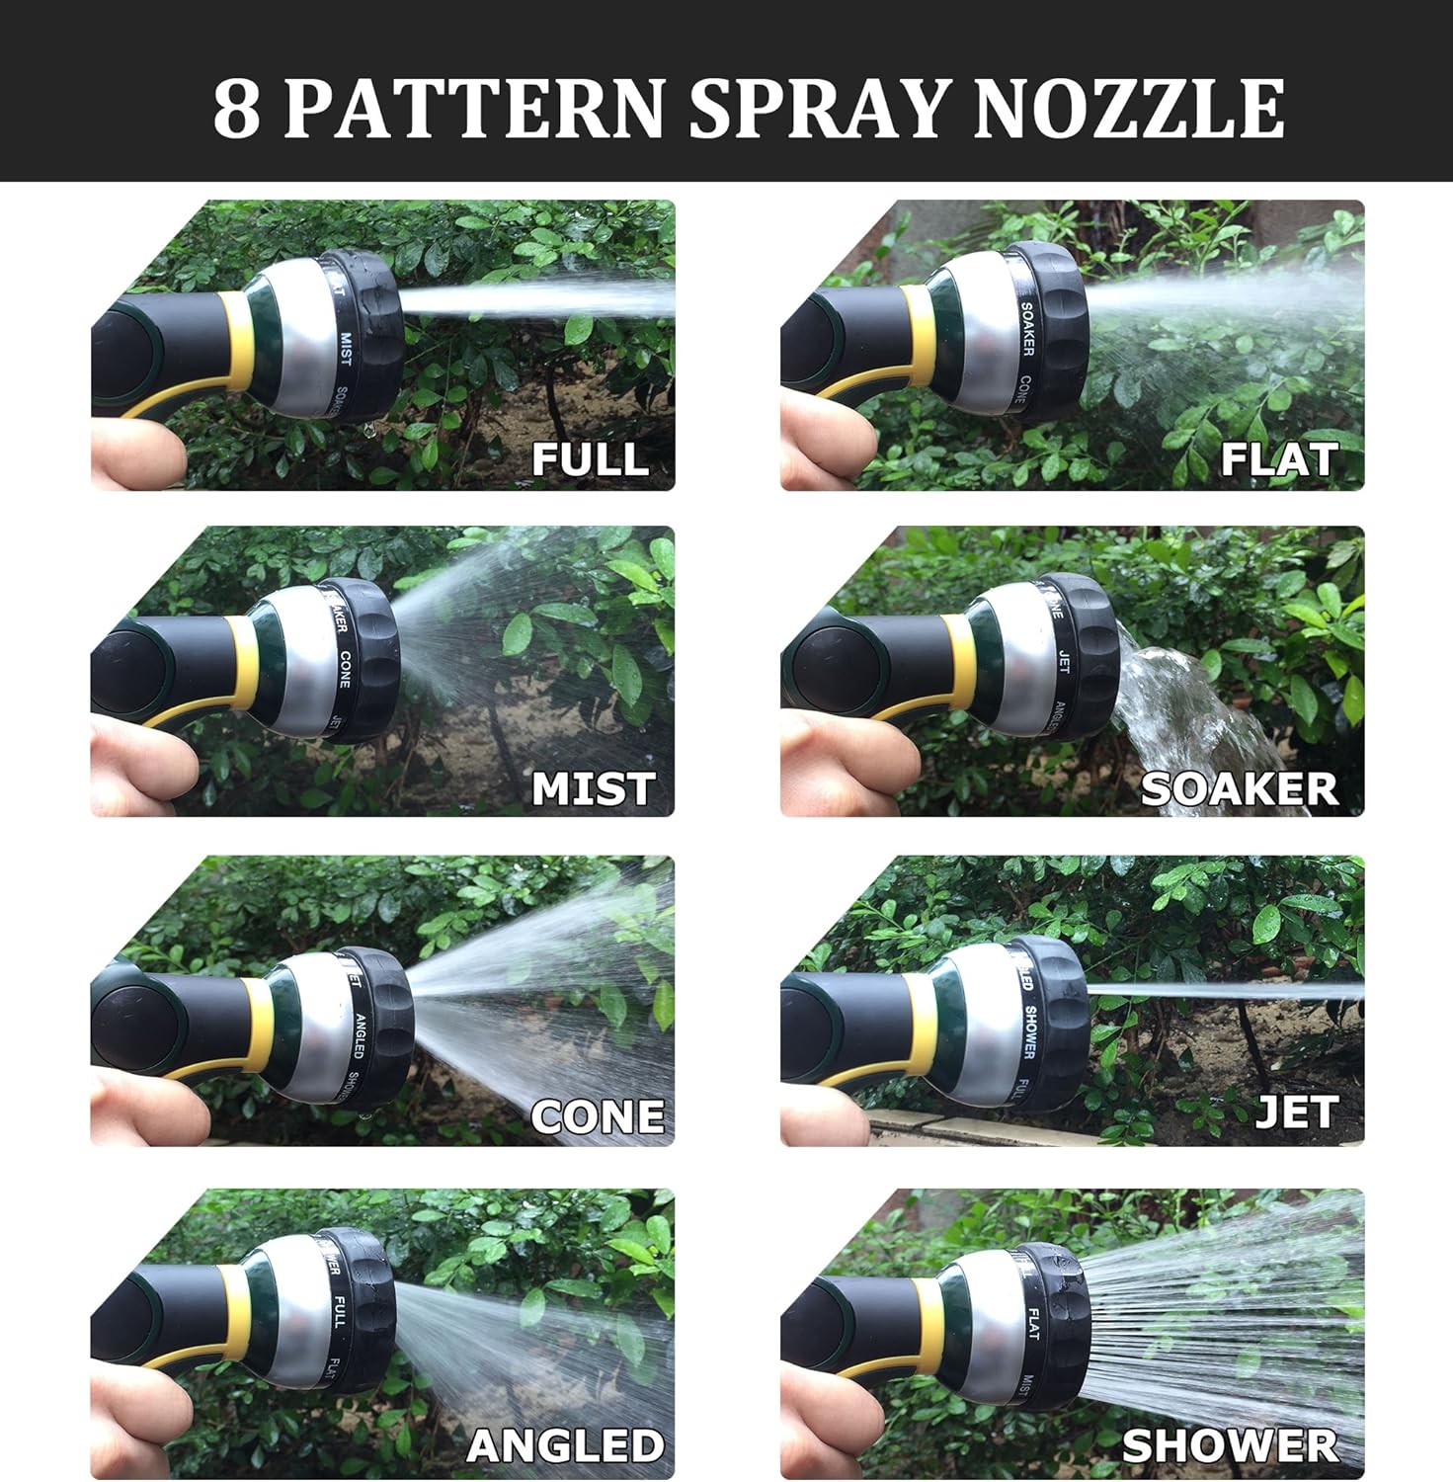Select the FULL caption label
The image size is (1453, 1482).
590,458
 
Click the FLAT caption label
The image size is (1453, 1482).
1278,458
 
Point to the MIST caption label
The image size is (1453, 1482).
593,787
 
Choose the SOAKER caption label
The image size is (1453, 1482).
1240,787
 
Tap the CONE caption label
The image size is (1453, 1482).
598,1115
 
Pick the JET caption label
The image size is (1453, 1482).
1296,1112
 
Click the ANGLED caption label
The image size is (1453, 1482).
565,1445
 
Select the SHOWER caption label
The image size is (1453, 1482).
1230,1445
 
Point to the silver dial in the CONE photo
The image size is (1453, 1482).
316,1037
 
